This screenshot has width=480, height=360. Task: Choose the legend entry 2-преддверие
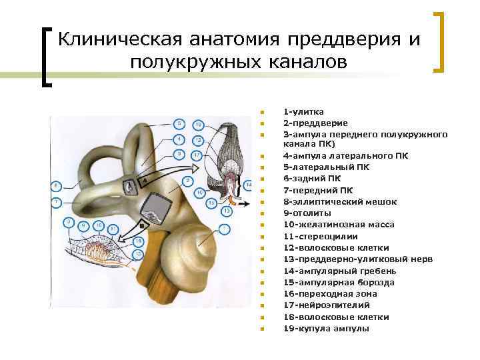(315, 123)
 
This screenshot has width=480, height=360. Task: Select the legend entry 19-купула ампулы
(326, 328)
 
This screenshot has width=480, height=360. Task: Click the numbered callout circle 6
(57, 185)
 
